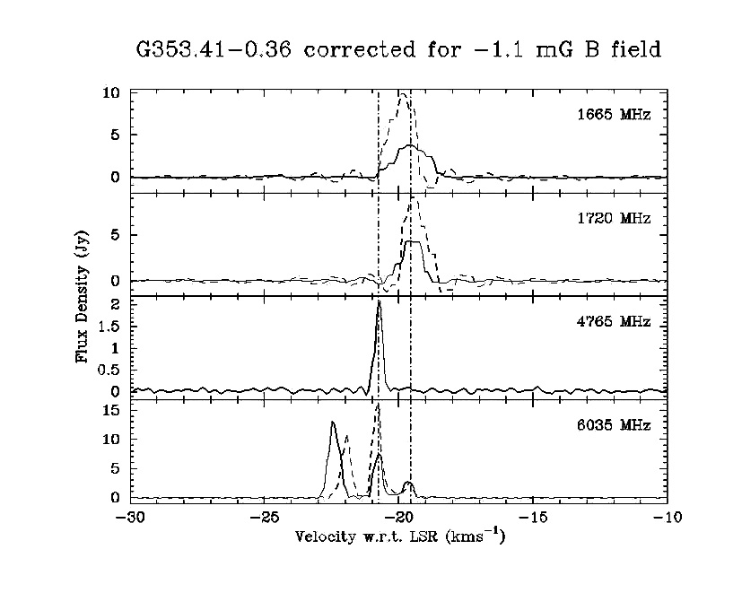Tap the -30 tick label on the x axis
[x=131, y=518]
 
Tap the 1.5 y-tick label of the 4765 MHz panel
[x=109, y=326]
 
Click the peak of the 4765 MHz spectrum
[x=380, y=301]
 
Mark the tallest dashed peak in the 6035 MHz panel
[x=379, y=405]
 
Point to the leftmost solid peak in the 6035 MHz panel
[x=333, y=422]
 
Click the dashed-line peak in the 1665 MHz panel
[x=403, y=93]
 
